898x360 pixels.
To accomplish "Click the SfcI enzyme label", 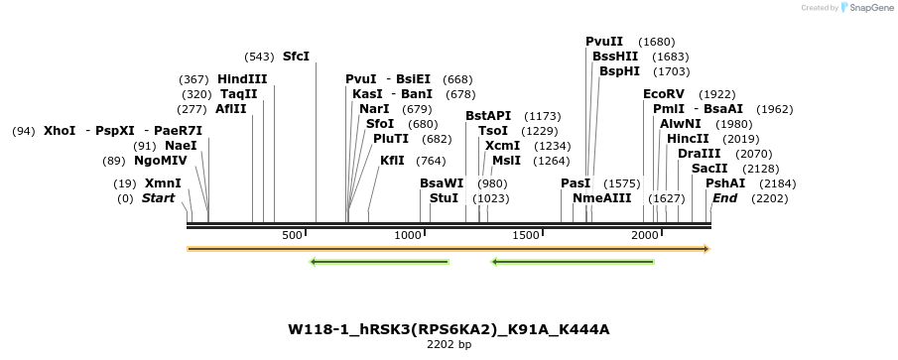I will (296, 57).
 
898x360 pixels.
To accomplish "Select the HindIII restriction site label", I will (242, 79).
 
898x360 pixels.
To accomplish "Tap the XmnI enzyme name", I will (163, 183).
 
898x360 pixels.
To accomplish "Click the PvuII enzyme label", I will (604, 42).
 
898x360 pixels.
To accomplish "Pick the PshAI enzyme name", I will (724, 183).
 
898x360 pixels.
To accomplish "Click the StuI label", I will (445, 198).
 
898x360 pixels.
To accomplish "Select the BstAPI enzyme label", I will (488, 116).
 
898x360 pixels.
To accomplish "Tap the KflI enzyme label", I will (392, 161).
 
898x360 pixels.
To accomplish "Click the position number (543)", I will (259, 57).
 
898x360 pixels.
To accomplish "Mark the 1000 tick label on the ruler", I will (408, 235).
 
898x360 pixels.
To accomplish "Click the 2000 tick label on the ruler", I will (646, 235).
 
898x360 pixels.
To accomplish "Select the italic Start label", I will (158, 198).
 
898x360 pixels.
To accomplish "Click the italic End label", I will (724, 198).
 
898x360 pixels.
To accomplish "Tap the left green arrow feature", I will (379, 263).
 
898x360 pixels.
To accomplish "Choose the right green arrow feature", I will (573, 263).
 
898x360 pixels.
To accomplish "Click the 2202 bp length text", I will (449, 345).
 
